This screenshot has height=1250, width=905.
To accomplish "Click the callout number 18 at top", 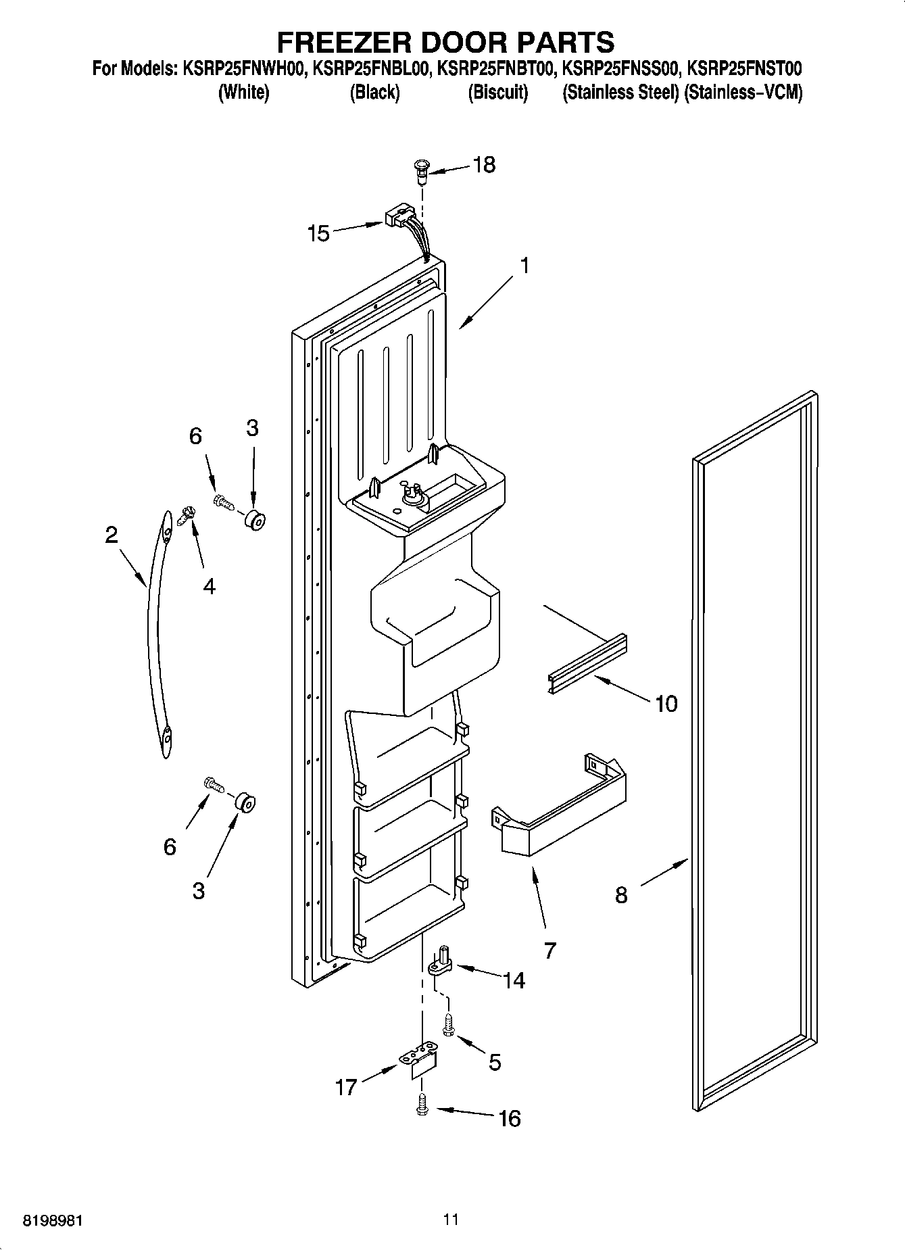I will point(484,164).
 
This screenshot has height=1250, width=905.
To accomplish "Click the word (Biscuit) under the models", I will point(497,93).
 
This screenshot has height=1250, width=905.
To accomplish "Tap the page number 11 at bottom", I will point(451,1220).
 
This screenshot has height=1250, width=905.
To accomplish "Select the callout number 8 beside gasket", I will point(620,895).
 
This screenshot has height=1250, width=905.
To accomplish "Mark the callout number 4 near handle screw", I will point(209,586).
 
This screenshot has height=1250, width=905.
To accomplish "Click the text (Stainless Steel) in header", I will point(620,93).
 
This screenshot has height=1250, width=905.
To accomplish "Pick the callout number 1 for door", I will point(524,265).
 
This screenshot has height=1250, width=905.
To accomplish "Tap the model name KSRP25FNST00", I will point(743,68).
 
